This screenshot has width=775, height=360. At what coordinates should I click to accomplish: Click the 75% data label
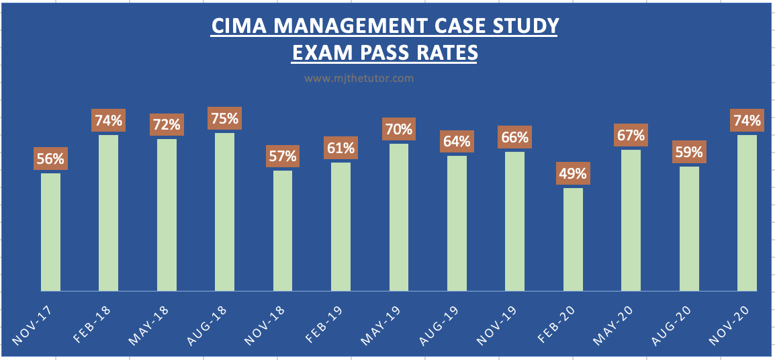[x=224, y=119]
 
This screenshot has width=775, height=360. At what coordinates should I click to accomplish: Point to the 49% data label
[x=573, y=174]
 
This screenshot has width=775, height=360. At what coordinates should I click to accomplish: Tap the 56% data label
[x=50, y=159]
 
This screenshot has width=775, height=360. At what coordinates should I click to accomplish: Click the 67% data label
[x=631, y=136]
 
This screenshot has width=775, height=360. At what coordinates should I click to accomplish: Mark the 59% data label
[x=689, y=152]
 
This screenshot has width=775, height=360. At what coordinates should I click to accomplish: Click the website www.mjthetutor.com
[x=359, y=78]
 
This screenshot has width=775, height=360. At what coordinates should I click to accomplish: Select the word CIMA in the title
[x=234, y=26]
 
